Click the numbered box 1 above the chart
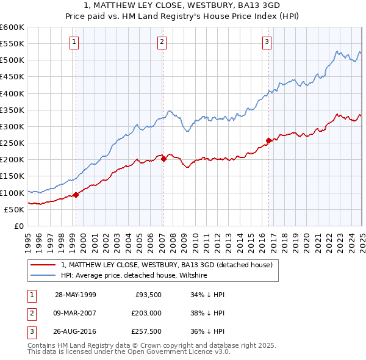pyautogui.click(x=74, y=42)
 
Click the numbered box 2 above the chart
pyautogui.click(x=162, y=42)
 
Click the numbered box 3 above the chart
pyautogui.click(x=267, y=42)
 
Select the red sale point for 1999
pyautogui.click(x=76, y=195)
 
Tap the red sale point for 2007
pyautogui.click(x=163, y=159)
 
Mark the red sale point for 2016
pyautogui.click(x=269, y=140)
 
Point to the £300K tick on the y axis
pyautogui.click(x=12, y=126)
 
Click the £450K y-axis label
pyautogui.click(x=12, y=77)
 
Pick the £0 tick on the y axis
pyautogui.click(x=18, y=226)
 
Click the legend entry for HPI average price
pyautogui.click(x=134, y=276)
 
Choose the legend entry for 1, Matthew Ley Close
pyautogui.click(x=170, y=265)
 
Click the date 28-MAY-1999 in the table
pyautogui.click(x=75, y=295)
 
